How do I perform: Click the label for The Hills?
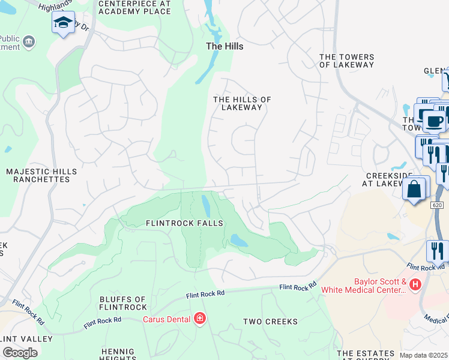pyautogui.click(x=224, y=46)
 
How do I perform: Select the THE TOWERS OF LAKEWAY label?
pyautogui.click(x=346, y=61)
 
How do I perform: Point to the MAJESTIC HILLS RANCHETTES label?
pyautogui.click(x=41, y=175)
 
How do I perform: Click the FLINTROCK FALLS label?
pyautogui.click(x=184, y=223)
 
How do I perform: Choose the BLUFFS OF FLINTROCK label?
pyautogui.click(x=122, y=303)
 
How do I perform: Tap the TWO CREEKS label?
pyautogui.click(x=270, y=322)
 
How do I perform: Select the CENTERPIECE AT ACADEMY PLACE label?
pyautogui.click(x=134, y=7)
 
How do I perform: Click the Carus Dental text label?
pyautogui.click(x=166, y=319)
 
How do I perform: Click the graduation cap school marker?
pyautogui.click(x=63, y=23)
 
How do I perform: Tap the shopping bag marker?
pyautogui.click(x=415, y=189)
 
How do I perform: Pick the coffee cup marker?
pyautogui.click(x=434, y=121)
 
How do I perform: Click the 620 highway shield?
pyautogui.click(x=438, y=205)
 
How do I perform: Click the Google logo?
pyautogui.click(x=20, y=353)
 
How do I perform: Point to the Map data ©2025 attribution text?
pyautogui.click(x=424, y=355)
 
